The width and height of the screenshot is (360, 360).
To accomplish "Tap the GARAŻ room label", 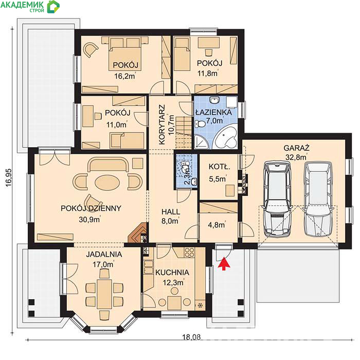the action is (x=296, y=148).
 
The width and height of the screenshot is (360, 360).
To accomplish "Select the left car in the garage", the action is (x=277, y=199).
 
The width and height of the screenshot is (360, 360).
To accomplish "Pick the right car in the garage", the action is (x=318, y=199).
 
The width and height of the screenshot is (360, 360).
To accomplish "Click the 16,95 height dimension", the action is (x=8, y=178).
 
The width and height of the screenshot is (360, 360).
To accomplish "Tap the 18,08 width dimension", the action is (x=191, y=337).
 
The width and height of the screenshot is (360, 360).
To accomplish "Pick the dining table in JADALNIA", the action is (x=104, y=294).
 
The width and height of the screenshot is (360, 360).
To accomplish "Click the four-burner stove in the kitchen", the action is (x=189, y=253).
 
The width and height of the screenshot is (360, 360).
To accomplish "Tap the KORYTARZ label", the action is (x=162, y=124).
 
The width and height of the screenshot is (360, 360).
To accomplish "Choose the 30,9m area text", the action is (x=89, y=220).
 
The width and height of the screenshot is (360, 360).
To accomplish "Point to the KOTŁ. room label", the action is (x=219, y=167).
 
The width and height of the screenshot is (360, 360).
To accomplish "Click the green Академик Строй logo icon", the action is (x=53, y=6).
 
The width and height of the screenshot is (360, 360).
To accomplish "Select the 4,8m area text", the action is (x=216, y=225).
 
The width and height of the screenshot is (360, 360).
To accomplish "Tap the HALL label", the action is (x=171, y=211).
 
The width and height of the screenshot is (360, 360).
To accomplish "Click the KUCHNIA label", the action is (x=172, y=272).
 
